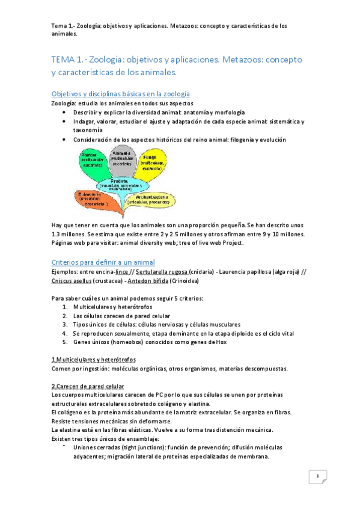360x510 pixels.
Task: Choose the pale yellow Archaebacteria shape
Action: tap(148, 200)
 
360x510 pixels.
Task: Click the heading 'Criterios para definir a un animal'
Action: tap(103, 262)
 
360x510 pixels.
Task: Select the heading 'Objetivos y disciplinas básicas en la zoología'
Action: tap(121, 94)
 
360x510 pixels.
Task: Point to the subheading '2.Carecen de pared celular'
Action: tap(88, 386)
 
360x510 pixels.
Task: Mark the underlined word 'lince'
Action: tap(121, 272)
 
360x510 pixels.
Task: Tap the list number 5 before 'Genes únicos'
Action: tap(66, 342)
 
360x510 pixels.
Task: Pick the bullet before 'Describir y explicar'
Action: tap(65, 112)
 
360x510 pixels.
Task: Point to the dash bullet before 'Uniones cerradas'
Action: tap(64, 447)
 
